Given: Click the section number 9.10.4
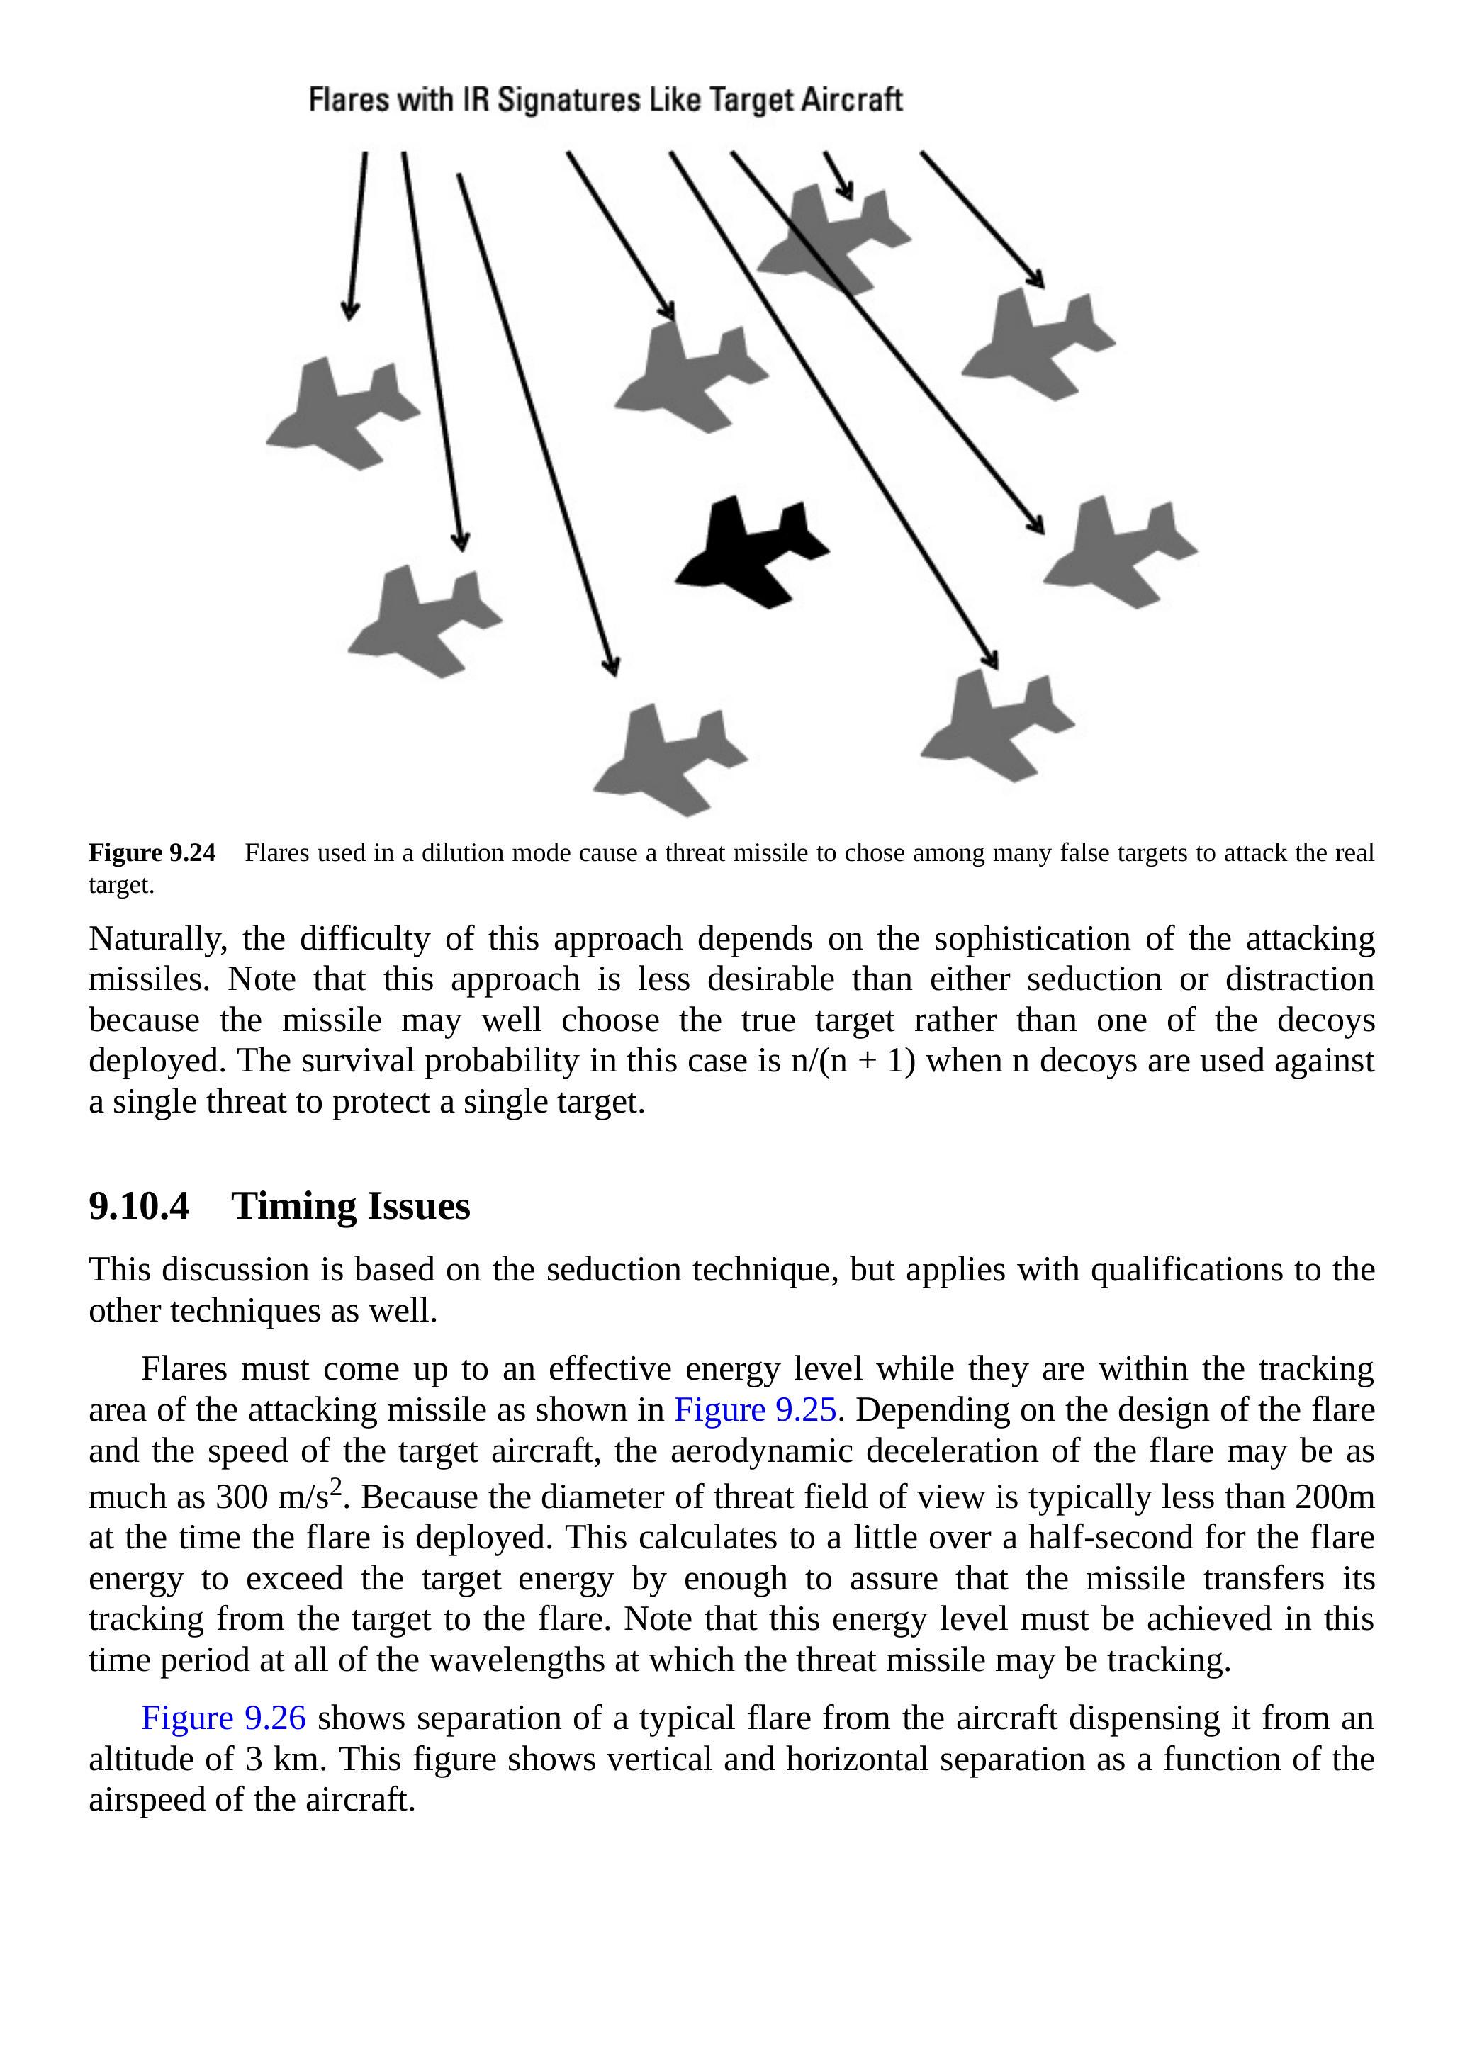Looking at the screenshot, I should click(139, 1207).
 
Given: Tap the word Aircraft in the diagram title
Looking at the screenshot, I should click(851, 99).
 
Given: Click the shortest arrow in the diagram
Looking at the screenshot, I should click(838, 175).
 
